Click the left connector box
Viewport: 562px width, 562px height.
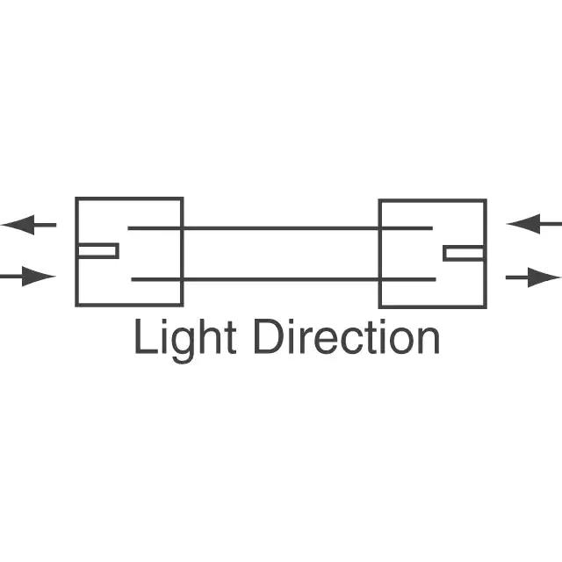(129, 251)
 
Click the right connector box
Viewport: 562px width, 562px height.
(432, 253)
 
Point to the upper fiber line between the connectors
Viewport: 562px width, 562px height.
(281, 228)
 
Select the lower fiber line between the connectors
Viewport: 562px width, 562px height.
(281, 279)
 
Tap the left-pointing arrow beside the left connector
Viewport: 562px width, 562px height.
(30, 225)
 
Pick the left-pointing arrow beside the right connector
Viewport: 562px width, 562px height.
(534, 224)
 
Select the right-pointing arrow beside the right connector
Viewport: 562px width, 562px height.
(532, 278)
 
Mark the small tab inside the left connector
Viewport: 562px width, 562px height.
(97, 251)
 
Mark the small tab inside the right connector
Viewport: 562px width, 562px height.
(464, 253)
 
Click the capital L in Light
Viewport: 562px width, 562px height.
(143, 337)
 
